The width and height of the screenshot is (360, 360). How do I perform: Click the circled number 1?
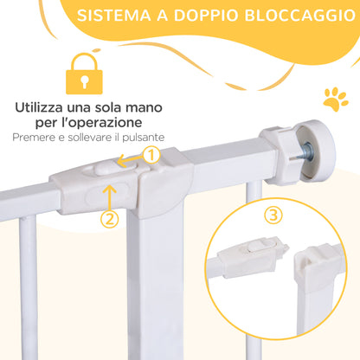click(x=151, y=156)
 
